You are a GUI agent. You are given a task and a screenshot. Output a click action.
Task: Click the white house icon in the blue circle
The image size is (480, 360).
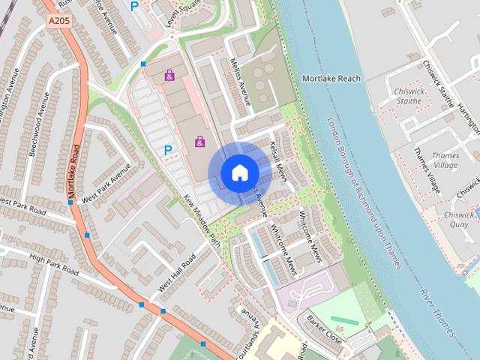click(239, 173)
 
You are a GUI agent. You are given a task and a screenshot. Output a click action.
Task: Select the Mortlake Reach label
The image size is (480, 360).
click(331, 78)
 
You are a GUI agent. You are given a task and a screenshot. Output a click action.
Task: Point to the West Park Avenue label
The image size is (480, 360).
click(106, 182)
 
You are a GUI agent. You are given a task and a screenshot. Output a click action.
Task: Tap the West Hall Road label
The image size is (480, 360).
click(176, 274)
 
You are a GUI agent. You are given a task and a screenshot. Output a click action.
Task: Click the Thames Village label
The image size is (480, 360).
click(445, 160)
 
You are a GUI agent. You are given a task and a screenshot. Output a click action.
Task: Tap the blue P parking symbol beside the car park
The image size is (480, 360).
click(168, 151)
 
